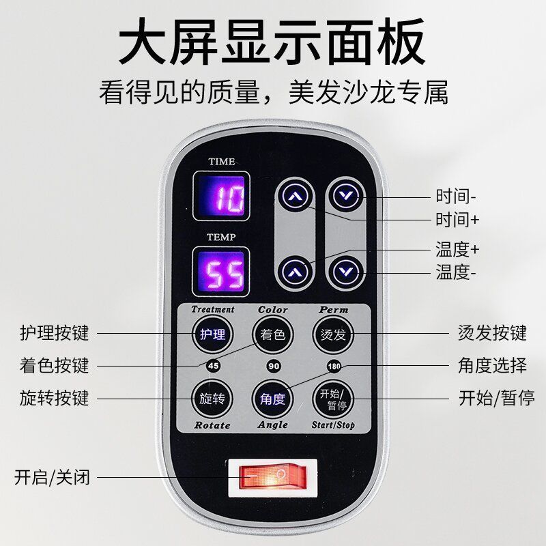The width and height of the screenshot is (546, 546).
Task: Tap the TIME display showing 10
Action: (221, 196)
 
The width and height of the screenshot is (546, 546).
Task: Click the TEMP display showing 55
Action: (221, 272)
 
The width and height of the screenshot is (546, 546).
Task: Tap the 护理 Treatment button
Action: (213, 334)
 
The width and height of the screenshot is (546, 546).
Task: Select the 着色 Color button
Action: (273, 334)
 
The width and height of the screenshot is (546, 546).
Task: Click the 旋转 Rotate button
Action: (212, 399)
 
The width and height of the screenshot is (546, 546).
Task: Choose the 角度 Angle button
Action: (272, 399)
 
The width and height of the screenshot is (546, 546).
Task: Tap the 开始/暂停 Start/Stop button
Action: (333, 399)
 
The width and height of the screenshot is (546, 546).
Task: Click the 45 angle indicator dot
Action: (213, 366)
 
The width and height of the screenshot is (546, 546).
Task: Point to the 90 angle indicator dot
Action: (274, 366)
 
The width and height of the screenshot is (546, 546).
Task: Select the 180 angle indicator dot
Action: (334, 367)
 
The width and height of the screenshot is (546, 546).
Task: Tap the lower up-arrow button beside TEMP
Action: (296, 271)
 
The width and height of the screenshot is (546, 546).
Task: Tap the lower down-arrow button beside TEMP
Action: (346, 271)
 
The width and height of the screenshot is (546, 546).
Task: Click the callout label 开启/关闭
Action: (53, 477)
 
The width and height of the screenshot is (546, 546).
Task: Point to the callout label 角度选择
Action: (492, 366)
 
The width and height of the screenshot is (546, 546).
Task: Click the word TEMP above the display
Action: (221, 237)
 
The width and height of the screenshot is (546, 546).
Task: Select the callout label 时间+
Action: (457, 220)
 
